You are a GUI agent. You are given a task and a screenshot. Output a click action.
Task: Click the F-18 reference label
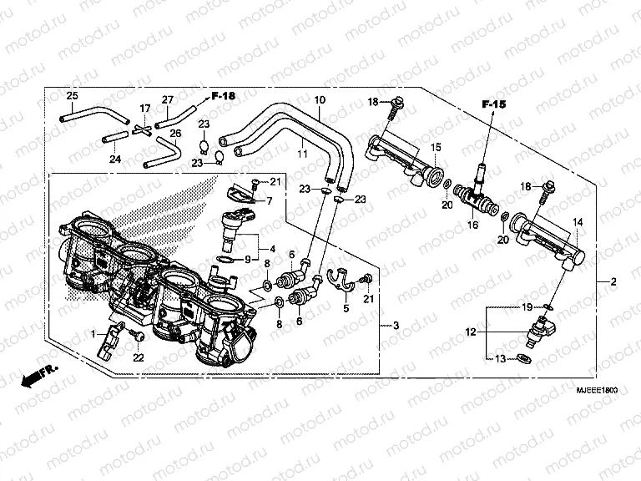pyautogui.click(x=223, y=96)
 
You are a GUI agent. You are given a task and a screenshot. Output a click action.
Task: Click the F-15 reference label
pyautogui.click(x=494, y=104)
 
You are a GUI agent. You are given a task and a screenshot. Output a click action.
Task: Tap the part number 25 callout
pyautogui.click(x=72, y=96)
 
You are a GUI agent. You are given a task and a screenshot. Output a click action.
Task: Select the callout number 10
pyautogui.click(x=319, y=101)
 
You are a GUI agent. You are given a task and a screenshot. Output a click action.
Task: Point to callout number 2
pyautogui.click(x=613, y=281)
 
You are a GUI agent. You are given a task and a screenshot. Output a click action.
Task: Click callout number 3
pyautogui.click(x=396, y=325)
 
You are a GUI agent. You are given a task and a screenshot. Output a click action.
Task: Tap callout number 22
pyautogui.click(x=139, y=357)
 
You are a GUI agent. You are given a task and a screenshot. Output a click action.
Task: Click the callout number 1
pyautogui.click(x=94, y=334)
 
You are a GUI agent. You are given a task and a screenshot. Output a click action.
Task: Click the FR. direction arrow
pyautogui.click(x=37, y=377)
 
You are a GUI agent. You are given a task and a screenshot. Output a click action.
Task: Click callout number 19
pyautogui.click(x=527, y=308)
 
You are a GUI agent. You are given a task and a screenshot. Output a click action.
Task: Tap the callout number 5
pyautogui.click(x=345, y=308)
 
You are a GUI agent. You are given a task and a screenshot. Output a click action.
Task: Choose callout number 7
pyautogui.click(x=270, y=201)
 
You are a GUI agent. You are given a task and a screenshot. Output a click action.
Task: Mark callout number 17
pyautogui.click(x=145, y=109)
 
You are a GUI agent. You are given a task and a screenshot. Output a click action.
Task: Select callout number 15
pyautogui.click(x=434, y=147)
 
